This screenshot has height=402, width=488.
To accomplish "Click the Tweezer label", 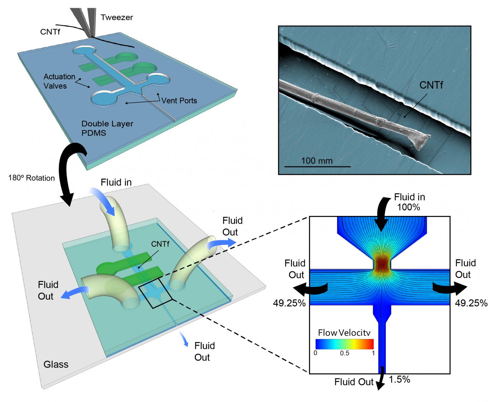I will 117,17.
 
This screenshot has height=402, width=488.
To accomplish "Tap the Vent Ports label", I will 179,100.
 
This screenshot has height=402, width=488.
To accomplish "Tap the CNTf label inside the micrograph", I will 431,85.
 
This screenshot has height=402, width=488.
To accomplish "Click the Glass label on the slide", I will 56,364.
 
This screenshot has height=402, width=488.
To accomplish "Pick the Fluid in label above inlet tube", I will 116,182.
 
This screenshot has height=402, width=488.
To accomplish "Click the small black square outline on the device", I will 156,292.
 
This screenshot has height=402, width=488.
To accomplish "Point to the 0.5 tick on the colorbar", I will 344,353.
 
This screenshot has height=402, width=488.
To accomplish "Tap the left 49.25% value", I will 289,303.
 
